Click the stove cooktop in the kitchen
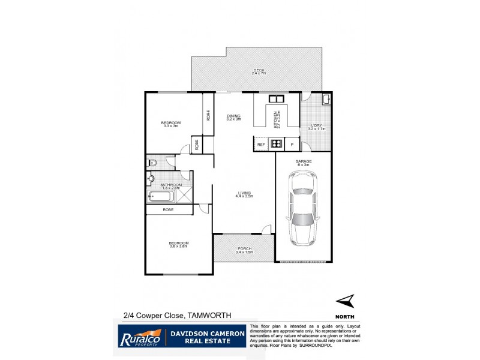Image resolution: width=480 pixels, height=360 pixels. (277, 143)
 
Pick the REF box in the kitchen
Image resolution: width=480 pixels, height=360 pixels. (261, 144)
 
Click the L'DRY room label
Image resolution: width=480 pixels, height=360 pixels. (316, 127)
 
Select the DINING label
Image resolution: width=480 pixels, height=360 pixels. (233, 117)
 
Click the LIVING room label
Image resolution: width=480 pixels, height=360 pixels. (244, 194)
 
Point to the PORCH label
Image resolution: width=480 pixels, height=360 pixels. (244, 250)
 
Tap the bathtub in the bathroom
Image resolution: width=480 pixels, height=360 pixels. (162, 196)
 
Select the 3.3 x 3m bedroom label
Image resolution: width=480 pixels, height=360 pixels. (172, 124)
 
